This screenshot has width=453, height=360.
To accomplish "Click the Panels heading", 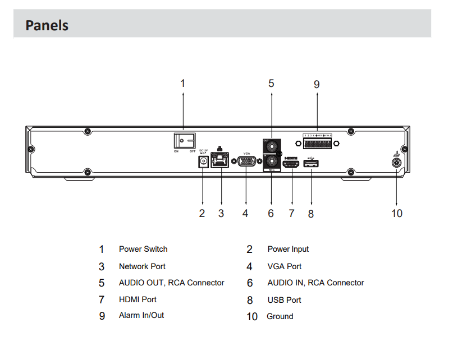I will (x=47, y=26).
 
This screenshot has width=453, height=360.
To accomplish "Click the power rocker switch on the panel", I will (x=185, y=140).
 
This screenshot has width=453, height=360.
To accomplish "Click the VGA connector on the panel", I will (x=246, y=161).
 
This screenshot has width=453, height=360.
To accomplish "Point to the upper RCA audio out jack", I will (x=271, y=145).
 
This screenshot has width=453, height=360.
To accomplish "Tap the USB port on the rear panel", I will (x=311, y=163).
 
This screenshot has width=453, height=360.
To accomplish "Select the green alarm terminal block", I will (x=317, y=143).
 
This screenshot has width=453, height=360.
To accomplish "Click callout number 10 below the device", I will (x=397, y=214).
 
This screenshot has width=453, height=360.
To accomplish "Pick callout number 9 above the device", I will (x=317, y=85).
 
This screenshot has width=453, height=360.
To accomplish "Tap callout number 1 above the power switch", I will (x=182, y=84).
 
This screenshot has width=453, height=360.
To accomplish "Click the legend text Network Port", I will (x=142, y=266).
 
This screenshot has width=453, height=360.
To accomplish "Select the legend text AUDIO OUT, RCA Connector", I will (x=171, y=283).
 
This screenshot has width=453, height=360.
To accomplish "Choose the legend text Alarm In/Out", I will (x=141, y=316).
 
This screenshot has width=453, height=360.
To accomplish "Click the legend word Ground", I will (x=280, y=317).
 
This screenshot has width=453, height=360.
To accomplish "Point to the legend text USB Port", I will (x=284, y=300).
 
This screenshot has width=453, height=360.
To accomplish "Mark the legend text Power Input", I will (x=288, y=250).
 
